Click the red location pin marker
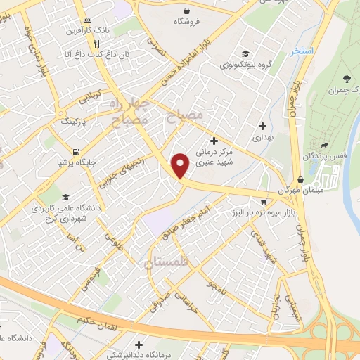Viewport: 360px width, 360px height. [x=181, y=165]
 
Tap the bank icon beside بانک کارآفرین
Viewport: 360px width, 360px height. [x=87, y=20]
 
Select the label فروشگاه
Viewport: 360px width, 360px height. [x=188, y=22]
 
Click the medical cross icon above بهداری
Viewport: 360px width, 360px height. [x=262, y=127]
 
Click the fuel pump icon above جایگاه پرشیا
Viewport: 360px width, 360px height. [x=75, y=150]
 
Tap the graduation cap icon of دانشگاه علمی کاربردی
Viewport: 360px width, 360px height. [x=65, y=198]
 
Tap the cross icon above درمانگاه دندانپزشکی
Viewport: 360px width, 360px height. [x=140, y=345]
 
